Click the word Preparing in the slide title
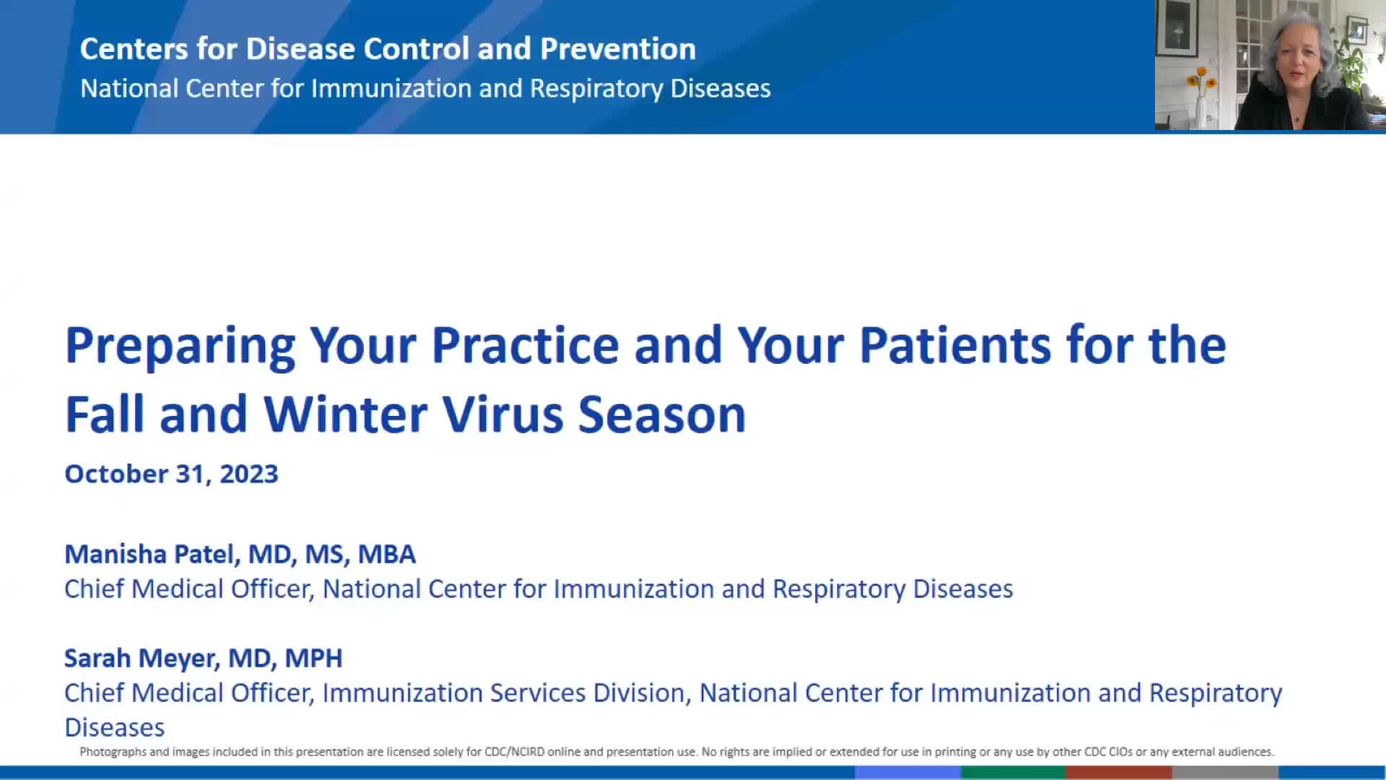tap(180, 347)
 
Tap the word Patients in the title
tap(955, 345)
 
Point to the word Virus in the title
tap(502, 415)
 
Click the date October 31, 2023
tap(171, 474)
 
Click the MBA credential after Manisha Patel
tap(387, 554)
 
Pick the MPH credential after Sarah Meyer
tap(313, 658)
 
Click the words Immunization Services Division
tap(503, 693)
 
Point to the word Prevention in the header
tap(618, 49)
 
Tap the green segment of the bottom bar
tap(1014, 773)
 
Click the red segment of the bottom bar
tap(1119, 773)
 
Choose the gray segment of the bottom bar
tap(1225, 773)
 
